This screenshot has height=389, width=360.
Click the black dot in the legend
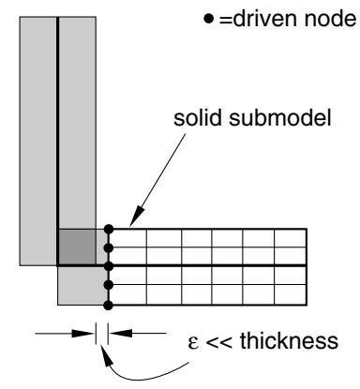pos(208,19)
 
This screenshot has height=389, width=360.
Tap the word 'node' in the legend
pos(330,19)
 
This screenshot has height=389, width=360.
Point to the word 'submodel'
pos(280,118)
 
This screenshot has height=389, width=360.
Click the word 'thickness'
pos(289,340)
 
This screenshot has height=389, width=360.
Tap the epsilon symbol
pos(193,342)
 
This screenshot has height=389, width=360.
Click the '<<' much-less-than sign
pos(219,342)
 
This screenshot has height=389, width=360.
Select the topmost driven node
pos(109,229)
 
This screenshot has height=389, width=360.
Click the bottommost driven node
pos(109,306)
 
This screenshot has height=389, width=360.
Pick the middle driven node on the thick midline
pos(109,266)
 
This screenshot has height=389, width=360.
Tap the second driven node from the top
pos(109,248)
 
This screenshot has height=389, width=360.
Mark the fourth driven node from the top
pos(109,285)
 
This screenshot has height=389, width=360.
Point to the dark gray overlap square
pos(77,247)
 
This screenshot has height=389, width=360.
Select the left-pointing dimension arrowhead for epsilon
pos(120,334)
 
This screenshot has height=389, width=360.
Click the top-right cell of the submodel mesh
pos(291,238)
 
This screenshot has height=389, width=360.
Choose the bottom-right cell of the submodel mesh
pos(291,294)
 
